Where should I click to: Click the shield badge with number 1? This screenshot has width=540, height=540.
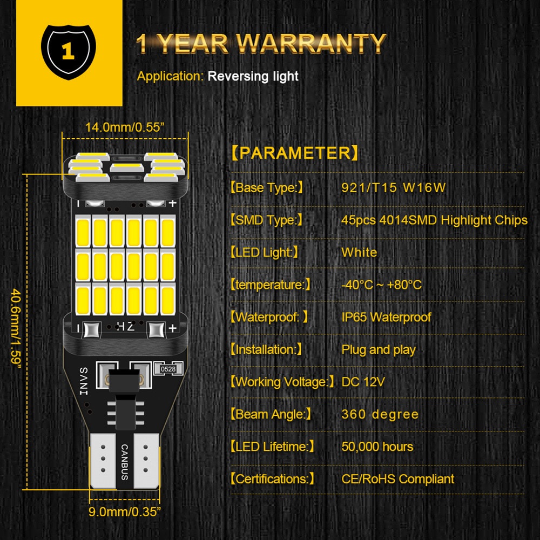pyautogui.click(x=68, y=51)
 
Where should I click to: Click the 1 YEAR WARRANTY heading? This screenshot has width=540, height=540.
pyautogui.click(x=261, y=43)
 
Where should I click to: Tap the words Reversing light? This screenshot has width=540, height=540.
pyautogui.click(x=253, y=76)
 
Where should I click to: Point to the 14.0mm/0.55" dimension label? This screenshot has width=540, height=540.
pyautogui.click(x=125, y=127)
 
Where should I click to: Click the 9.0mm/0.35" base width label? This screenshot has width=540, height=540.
pyautogui.click(x=125, y=511)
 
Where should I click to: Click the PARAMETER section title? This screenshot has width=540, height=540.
pyautogui.click(x=295, y=153)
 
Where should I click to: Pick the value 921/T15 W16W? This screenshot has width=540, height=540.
pyautogui.click(x=393, y=188)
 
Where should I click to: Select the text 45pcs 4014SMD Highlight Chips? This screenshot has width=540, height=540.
pyautogui.click(x=434, y=220)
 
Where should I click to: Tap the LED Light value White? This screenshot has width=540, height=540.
pyautogui.click(x=359, y=253)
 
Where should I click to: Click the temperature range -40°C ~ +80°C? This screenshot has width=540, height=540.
pyautogui.click(x=381, y=285)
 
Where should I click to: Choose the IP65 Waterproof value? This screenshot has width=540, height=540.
pyautogui.click(x=386, y=317)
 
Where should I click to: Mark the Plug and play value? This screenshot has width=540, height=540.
pyautogui.click(x=378, y=349)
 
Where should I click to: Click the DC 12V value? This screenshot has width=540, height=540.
pyautogui.click(x=363, y=382)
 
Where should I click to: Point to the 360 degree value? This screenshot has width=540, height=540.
pyautogui.click(x=380, y=414)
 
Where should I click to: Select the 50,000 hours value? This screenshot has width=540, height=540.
pyautogui.click(x=377, y=447)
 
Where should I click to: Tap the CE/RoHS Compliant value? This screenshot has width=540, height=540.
pyautogui.click(x=397, y=479)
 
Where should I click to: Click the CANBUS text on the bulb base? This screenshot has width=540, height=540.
pyautogui.click(x=125, y=462)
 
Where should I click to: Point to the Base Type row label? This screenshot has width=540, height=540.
pyautogui.click(x=267, y=188)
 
